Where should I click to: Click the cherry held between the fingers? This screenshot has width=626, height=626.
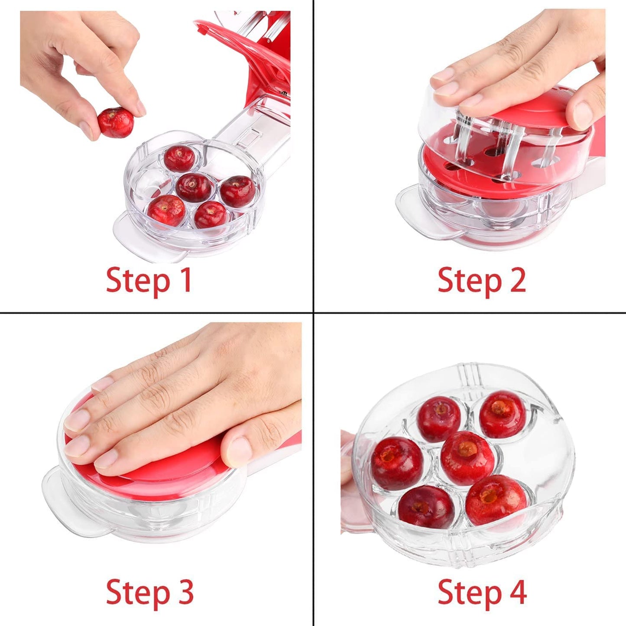[116, 123]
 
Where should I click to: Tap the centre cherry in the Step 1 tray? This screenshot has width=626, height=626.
[194, 188]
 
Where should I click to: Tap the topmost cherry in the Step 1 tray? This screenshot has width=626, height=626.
[179, 159]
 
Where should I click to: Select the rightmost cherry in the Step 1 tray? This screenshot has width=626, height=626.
[238, 191]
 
